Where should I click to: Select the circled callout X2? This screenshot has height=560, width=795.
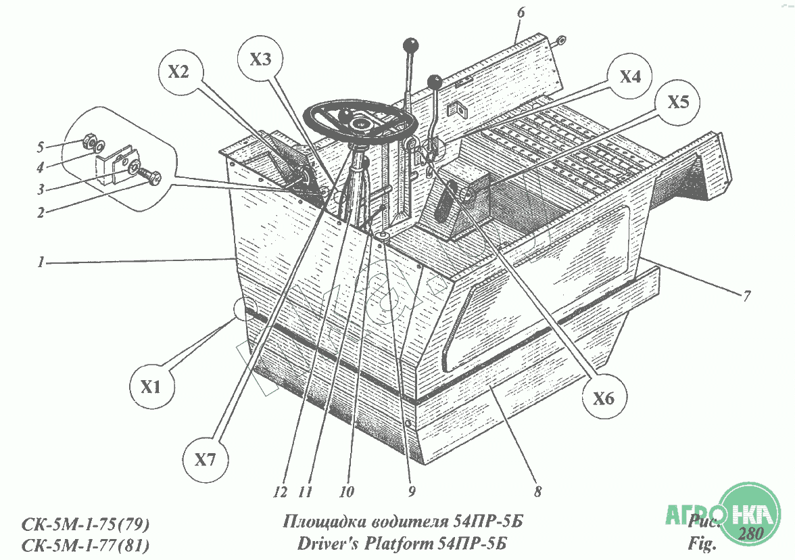[178, 72]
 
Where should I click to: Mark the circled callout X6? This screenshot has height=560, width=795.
[603, 398]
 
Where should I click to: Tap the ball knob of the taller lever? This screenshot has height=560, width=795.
[410, 45]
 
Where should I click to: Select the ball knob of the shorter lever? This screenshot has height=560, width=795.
[435, 82]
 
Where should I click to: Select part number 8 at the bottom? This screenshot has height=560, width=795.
[537, 492]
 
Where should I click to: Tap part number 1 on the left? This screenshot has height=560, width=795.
[43, 262]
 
